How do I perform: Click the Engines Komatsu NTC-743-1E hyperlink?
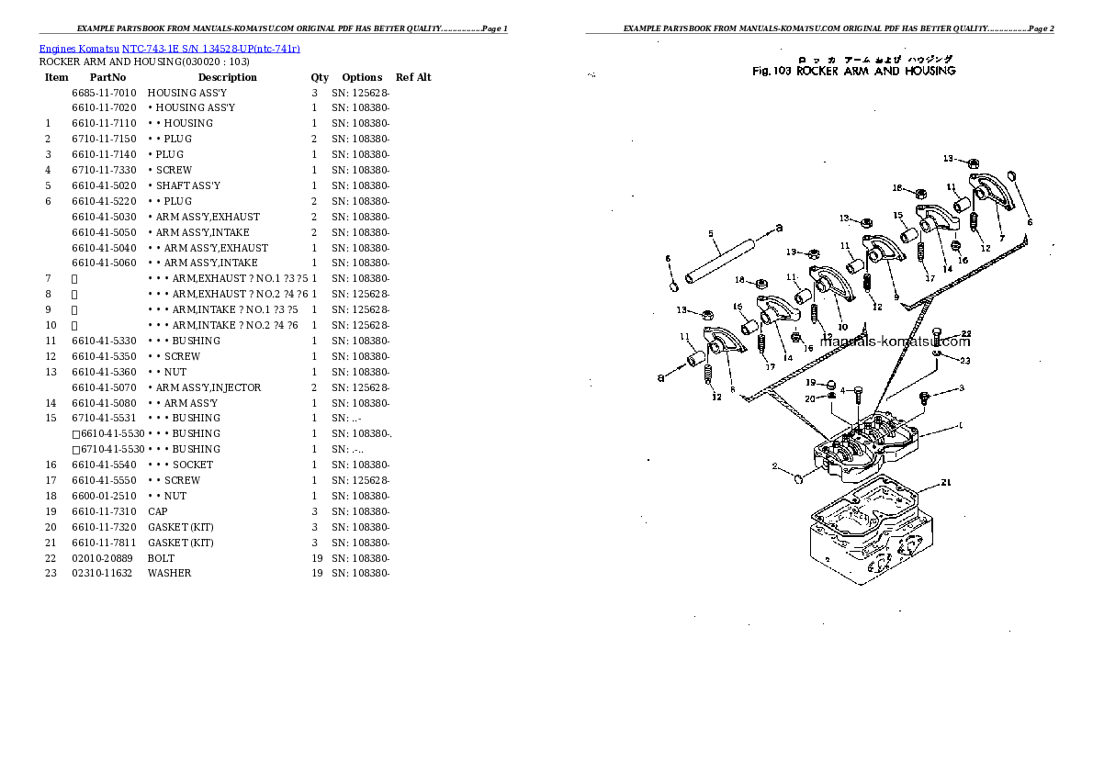pos(169,48)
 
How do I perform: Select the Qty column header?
pos(319,77)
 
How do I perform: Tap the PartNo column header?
pos(107,77)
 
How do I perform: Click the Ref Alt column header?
pos(413,77)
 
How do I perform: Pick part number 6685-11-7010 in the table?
pos(104,93)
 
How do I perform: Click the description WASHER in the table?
pos(169,573)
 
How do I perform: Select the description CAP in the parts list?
pos(157,510)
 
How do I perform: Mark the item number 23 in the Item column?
pos(51,573)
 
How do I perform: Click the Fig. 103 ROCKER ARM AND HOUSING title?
pos(853,71)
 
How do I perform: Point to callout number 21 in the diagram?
pos(946,482)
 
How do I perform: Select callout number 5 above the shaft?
pos(711,234)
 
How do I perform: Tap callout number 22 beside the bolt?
pos(965,333)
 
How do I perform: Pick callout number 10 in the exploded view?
pos(842,327)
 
